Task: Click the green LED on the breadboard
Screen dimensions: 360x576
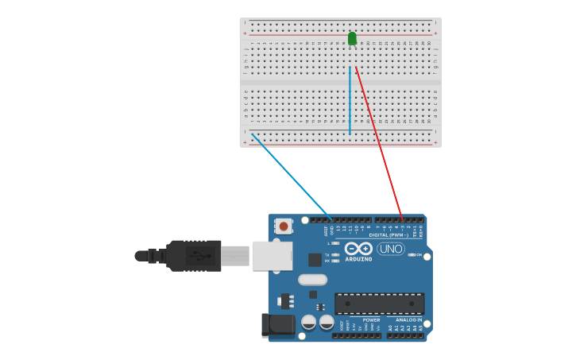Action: pos(352,38)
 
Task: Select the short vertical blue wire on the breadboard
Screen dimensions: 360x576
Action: pos(350,99)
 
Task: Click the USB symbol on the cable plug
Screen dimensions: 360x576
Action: pos(199,256)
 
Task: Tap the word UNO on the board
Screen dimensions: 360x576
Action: pos(391,249)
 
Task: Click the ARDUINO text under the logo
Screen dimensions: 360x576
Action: pos(358,259)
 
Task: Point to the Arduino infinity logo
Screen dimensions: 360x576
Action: pos(358,249)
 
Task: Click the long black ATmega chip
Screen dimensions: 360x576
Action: pos(379,304)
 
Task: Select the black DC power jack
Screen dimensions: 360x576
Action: pos(274,324)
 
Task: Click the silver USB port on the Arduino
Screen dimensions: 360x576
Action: pos(272,256)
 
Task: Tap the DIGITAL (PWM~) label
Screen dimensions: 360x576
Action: pos(389,235)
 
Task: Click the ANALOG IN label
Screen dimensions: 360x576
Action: pos(409,319)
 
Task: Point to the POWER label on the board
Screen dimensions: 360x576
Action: pos(371,319)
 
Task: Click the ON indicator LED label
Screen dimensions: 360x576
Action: pos(419,254)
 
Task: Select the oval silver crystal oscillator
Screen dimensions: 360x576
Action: pos(313,280)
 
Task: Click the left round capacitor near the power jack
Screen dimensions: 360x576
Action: pos(309,322)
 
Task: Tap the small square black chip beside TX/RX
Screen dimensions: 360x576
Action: pos(315,260)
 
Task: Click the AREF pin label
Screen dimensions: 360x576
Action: pos(326,230)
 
